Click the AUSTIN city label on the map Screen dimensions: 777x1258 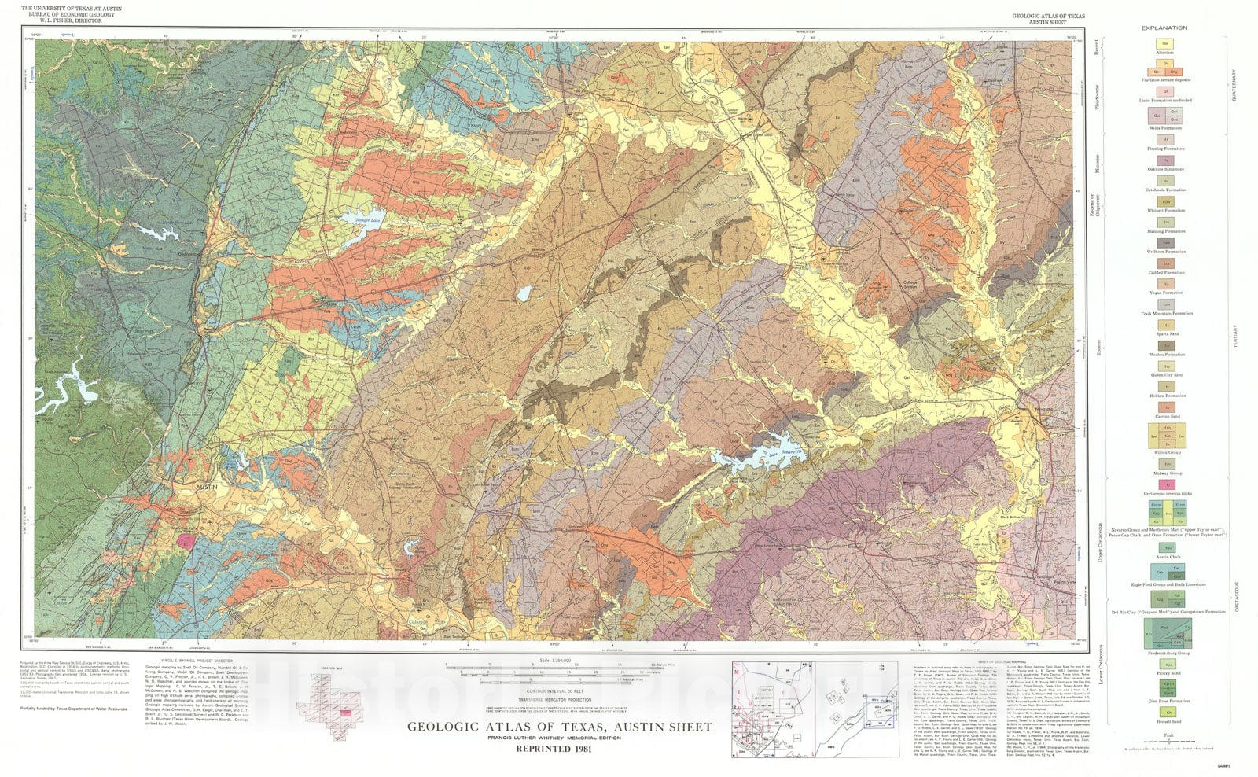(x=206, y=488)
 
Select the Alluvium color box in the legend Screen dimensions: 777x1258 (x=1165, y=44)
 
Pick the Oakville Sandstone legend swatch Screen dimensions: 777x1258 (x=1165, y=160)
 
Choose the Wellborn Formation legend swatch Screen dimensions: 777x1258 (x=1165, y=243)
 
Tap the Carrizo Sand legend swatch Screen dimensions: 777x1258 (x=1165, y=407)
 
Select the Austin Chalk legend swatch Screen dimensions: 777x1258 (x=1165, y=548)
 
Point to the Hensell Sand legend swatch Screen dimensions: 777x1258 (x=1165, y=712)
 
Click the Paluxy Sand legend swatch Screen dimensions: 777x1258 (x=1165, y=665)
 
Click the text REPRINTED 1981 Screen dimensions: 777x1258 (x=560, y=749)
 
